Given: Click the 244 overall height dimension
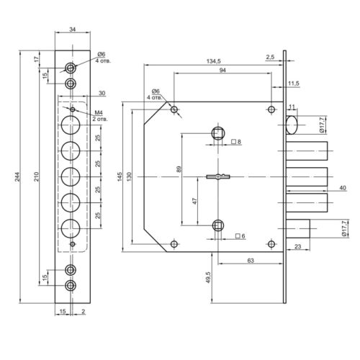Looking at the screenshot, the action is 18,176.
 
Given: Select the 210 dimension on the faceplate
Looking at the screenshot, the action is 36,176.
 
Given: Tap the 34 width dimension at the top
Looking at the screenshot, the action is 73,30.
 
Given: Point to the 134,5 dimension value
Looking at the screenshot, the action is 213,61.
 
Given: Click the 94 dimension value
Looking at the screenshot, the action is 222,71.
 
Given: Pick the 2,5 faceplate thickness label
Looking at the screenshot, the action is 270,57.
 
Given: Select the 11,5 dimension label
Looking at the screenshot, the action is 294,84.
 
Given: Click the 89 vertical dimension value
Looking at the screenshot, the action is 179,169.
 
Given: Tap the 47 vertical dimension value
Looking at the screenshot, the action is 194,201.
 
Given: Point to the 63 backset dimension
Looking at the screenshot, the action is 251,261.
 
